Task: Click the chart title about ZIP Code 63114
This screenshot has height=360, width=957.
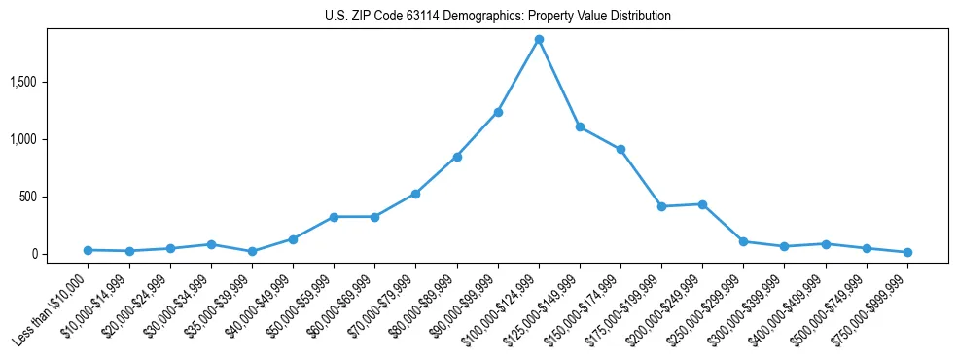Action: [x=497, y=17]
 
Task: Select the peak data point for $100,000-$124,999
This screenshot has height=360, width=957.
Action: [x=539, y=40]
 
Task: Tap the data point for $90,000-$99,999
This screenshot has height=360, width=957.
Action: [x=498, y=112]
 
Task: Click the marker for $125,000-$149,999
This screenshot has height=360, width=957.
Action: [x=580, y=126]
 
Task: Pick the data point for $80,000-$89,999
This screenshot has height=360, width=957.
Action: [x=457, y=157]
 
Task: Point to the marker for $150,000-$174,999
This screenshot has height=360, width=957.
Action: [x=620, y=149]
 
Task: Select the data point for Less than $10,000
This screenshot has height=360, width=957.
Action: [x=89, y=250]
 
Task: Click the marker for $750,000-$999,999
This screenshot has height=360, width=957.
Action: [x=907, y=252]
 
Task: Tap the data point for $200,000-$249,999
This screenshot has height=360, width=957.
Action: [x=702, y=204]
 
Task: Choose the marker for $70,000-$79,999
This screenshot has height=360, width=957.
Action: [x=415, y=194]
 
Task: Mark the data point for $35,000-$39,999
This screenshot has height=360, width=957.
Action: [x=252, y=251]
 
